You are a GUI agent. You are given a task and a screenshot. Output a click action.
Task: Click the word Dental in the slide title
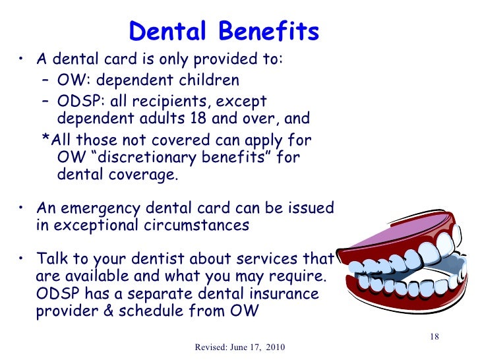click(166, 31)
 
